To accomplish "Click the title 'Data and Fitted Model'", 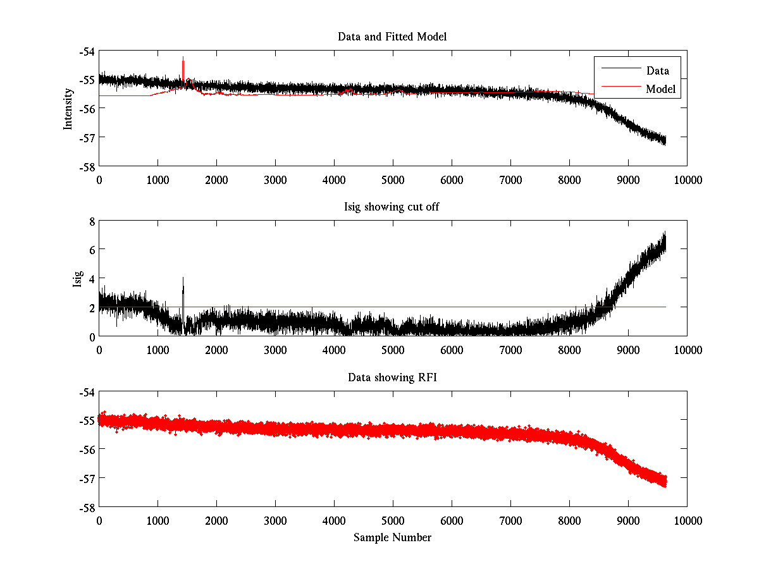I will click(392, 37).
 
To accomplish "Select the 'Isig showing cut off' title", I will click(392, 207).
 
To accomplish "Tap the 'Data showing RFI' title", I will click(392, 377).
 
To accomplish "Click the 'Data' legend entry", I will click(657, 71).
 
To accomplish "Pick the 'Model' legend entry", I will click(660, 89).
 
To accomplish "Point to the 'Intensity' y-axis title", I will click(68, 109).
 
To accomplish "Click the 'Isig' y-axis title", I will click(77, 279).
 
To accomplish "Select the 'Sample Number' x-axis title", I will click(392, 537).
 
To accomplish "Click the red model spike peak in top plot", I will click(183, 58).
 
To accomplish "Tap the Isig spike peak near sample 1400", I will click(183, 277).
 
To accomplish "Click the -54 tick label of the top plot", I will click(87, 51).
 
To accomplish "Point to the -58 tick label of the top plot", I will click(87, 166).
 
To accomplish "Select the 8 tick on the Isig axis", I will click(91, 221).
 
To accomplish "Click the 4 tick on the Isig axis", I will click(91, 279).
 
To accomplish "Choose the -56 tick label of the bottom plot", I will click(87, 450).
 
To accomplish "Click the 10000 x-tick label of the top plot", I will click(687, 180).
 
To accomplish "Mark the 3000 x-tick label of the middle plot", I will click(275, 350).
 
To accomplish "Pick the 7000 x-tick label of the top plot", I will click(510, 180).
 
